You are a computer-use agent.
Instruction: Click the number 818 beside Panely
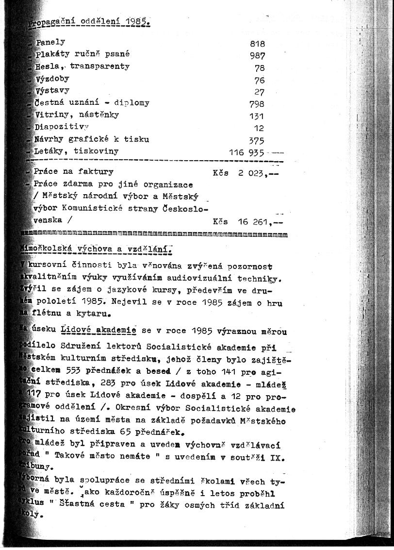257,44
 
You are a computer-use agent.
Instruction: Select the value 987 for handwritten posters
257,56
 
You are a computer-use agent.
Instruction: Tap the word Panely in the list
50,42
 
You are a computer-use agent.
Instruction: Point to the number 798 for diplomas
257,104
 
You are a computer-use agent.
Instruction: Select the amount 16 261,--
260,222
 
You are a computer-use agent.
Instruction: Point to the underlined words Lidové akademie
98,331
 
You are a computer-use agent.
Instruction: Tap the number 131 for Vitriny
257,116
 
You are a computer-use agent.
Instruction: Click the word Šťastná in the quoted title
71,505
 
